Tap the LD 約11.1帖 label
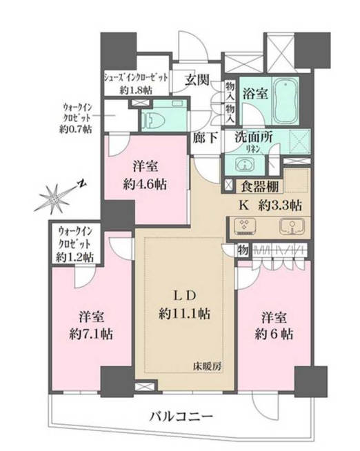(x=182, y=305)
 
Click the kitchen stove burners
(x=244, y=225)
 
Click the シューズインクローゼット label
(x=135, y=82)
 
